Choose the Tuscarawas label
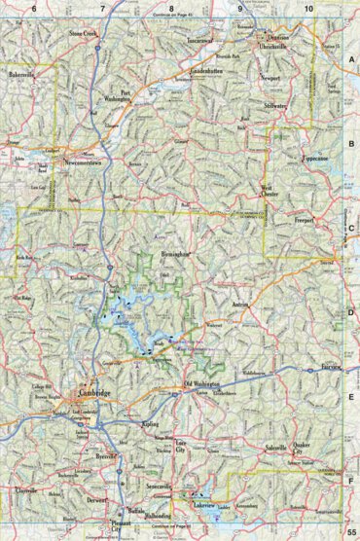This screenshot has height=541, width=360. coord(199,41)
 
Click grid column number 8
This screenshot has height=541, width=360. coord(172,8)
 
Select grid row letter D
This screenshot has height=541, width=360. coord(350,312)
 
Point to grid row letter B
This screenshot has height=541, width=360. coord(350,145)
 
